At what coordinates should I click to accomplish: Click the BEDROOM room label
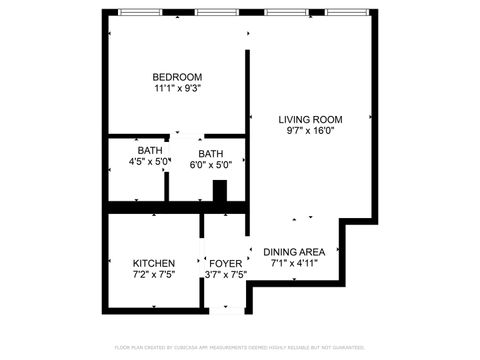tap(177, 77)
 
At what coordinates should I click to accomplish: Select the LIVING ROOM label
tap(310, 119)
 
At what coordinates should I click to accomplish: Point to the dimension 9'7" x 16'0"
tap(310, 131)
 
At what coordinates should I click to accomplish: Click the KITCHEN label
tap(153, 264)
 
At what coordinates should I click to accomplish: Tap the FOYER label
tap(225, 264)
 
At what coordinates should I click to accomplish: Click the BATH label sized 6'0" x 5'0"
tap(210, 153)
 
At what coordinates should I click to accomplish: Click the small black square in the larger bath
tap(221, 191)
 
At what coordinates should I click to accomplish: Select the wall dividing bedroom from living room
tap(247, 90)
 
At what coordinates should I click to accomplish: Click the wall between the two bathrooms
tap(167, 170)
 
